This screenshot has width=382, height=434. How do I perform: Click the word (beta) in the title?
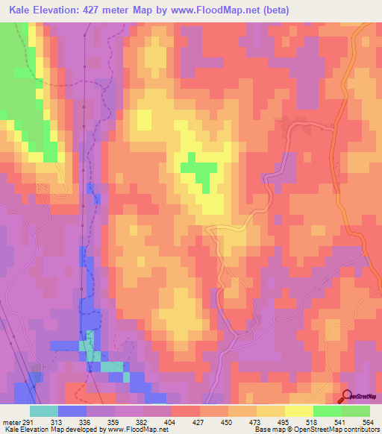(x=272, y=10)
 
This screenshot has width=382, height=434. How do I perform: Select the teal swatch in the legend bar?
(x=44, y=411)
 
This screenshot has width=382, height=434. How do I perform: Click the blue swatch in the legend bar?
(x=72, y=411)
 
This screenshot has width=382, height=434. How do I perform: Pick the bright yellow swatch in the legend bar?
(x=298, y=411)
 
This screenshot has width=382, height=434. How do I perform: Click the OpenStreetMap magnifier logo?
(x=347, y=397)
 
